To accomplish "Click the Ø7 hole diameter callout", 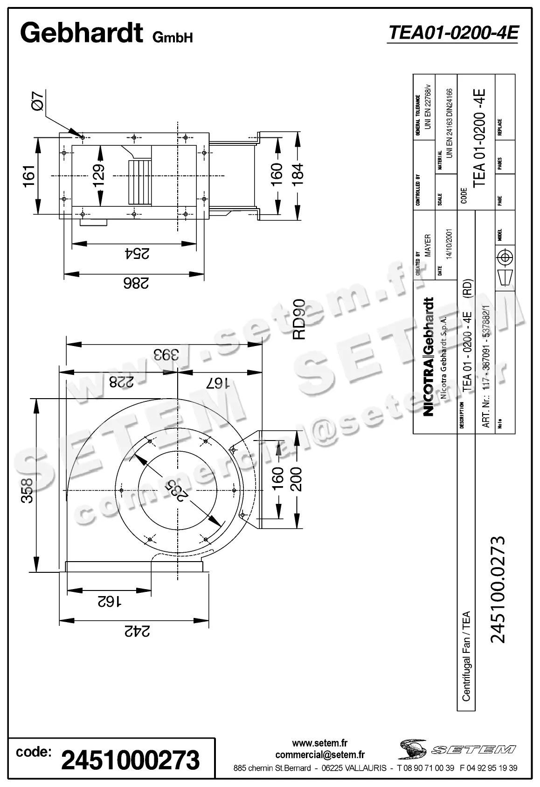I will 38,101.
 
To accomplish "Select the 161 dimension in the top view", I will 28,176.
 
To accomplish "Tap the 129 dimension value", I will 98,175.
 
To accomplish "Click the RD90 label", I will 298,319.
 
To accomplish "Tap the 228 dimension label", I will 121,382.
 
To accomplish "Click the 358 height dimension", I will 28,490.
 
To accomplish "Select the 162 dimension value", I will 109,602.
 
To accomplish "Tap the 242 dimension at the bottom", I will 136,631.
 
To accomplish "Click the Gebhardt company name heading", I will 81,33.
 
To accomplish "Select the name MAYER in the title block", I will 428,245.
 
